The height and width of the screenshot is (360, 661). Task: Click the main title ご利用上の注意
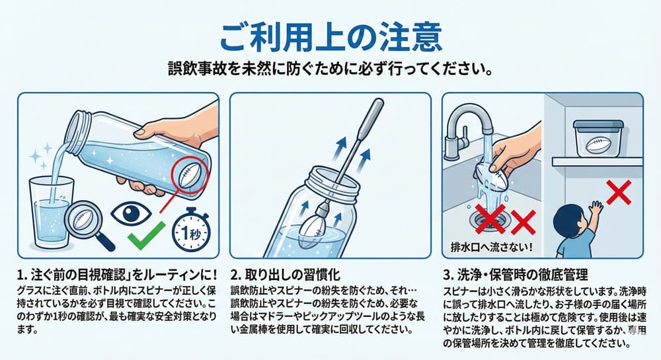pos(331,37)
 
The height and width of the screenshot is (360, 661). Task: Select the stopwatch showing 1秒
pos(191,229)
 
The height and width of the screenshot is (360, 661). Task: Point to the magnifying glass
pos(88,225)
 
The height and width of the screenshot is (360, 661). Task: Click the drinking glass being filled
pos(51,213)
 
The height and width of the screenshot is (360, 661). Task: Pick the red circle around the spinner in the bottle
pos(190,176)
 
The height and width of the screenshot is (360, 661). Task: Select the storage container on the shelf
pos(598,138)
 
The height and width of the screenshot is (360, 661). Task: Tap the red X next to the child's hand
pos(619,192)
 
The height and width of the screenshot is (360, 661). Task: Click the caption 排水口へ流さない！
pos(492,246)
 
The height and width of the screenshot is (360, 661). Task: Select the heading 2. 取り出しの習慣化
pos(286,275)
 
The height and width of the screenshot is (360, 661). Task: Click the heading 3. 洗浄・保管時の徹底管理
pos(515,275)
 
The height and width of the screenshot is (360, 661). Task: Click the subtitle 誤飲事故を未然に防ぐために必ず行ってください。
pos(330,69)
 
